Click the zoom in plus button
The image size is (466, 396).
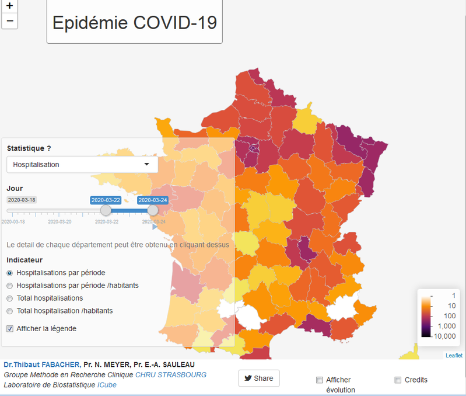coord(9,6)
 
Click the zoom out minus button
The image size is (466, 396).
coord(9,21)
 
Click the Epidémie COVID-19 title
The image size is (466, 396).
coord(135,22)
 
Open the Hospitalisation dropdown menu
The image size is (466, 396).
coord(82,165)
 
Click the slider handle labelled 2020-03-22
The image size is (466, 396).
coord(106,210)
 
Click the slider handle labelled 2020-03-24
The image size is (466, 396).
coord(153,210)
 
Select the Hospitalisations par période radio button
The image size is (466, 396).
coord(10,273)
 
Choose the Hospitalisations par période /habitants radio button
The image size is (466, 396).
coord(10,286)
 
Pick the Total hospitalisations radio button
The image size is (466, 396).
coord(10,298)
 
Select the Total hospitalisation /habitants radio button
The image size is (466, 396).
coord(10,311)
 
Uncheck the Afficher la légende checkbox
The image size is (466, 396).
coord(10,328)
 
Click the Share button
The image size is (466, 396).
coord(259,378)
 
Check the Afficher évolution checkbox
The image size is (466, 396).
coord(319,380)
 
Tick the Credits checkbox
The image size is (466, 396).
coord(398,380)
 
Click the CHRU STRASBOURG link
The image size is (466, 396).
coord(171,375)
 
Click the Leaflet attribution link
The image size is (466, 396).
coord(454,355)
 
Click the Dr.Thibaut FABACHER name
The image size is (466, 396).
coord(41,365)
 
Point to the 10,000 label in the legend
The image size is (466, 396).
coord(444,336)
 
